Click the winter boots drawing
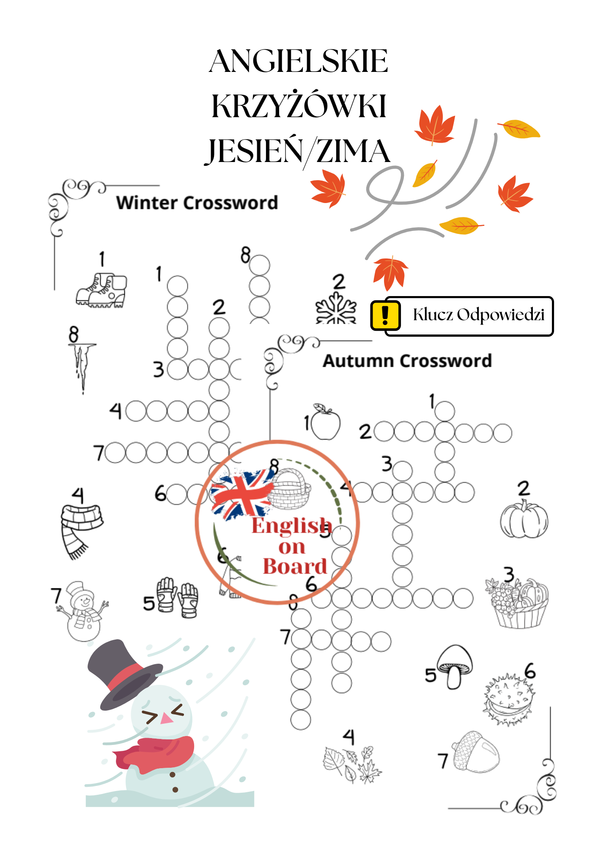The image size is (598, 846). [101, 291]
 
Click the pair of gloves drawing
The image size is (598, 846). [177, 596]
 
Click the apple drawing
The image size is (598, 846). [326, 423]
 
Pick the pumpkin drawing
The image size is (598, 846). [524, 520]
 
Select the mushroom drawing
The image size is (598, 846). [455, 665]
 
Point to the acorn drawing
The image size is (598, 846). [476, 752]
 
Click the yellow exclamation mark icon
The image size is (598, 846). [385, 315]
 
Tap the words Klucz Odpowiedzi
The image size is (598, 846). [478, 315]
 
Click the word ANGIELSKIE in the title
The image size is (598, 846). [298, 62]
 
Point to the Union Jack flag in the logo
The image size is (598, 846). [241, 495]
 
